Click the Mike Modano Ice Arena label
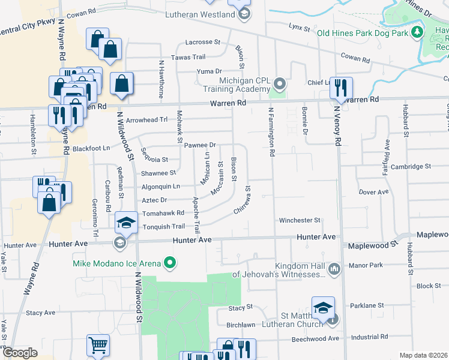[x=116, y=263]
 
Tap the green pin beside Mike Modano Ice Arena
[x=170, y=262]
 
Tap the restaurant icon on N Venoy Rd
[x=341, y=88]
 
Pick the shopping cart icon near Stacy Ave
[x=98, y=345]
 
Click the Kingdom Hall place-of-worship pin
[x=334, y=268]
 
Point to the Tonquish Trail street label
[x=163, y=227]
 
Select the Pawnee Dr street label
[x=200, y=145]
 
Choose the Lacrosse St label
[x=203, y=42]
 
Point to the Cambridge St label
[x=411, y=166]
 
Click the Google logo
[x=20, y=353]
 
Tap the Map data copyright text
[x=423, y=355]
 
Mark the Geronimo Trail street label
[x=94, y=197]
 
